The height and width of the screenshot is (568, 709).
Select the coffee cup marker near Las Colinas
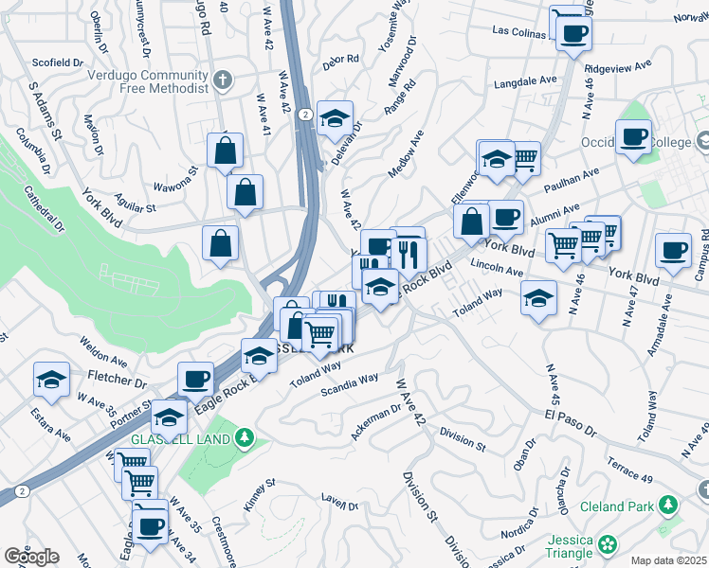[573, 34]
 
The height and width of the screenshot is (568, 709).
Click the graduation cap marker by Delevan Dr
[335, 119]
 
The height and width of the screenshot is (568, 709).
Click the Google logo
[31, 557]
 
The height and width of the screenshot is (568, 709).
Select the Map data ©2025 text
[669, 560]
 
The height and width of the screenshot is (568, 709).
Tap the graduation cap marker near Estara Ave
[51, 381]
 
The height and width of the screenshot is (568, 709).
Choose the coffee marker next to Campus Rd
[673, 251]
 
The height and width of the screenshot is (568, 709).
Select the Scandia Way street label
[349, 383]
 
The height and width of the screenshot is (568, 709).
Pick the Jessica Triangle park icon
[607, 544]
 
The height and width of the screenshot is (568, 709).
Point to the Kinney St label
[259, 494]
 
